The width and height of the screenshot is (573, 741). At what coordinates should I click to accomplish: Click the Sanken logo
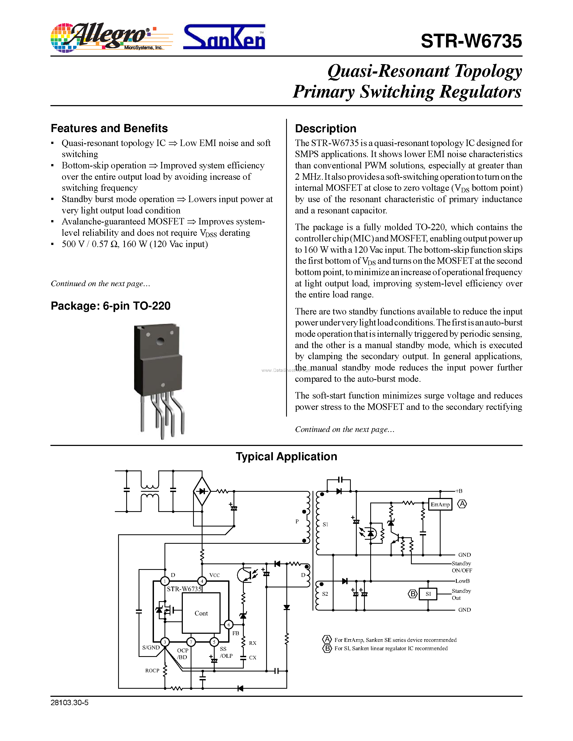[x=224, y=37]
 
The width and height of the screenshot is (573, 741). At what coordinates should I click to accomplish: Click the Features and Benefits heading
[x=109, y=128]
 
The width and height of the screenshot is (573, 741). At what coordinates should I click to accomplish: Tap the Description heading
[x=325, y=129]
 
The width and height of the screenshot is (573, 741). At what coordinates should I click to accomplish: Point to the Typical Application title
[x=286, y=456]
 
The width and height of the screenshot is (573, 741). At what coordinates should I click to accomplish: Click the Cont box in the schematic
[x=201, y=613]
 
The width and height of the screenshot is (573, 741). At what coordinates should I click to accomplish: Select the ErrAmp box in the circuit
[x=440, y=504]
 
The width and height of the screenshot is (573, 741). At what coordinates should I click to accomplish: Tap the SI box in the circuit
[x=428, y=594]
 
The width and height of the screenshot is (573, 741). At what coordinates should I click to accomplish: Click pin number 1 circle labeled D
[x=165, y=581]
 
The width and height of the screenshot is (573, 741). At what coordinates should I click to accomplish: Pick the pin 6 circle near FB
[x=229, y=625]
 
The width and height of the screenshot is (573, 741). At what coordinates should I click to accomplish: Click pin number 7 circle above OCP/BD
[x=191, y=642]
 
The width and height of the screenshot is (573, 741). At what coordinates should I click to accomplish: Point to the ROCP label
[x=152, y=670]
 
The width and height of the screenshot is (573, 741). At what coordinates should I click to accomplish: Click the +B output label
[x=459, y=491]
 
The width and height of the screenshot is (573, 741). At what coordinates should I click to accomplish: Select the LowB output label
[x=462, y=581]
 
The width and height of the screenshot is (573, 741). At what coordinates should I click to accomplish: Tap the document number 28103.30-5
[x=70, y=702]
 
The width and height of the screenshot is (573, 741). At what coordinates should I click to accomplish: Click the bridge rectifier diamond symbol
[x=202, y=491]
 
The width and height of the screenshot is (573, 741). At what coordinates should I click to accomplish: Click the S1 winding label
[x=325, y=524]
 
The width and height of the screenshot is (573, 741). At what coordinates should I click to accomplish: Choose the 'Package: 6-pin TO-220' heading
[x=110, y=306]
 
